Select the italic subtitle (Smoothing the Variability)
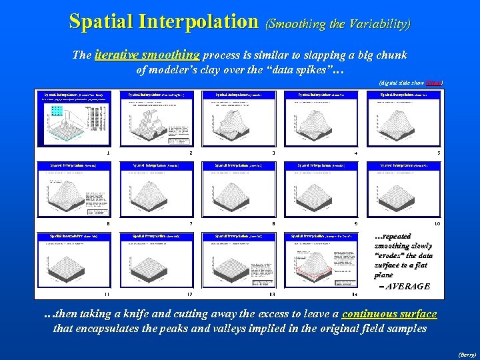(338, 23)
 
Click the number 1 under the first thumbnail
(107, 153)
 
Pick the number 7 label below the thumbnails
(191, 223)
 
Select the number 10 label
(437, 223)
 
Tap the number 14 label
(355, 294)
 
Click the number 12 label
(189, 294)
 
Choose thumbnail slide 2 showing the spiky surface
(157, 117)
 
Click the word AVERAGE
(409, 286)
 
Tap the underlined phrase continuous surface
(389, 314)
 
